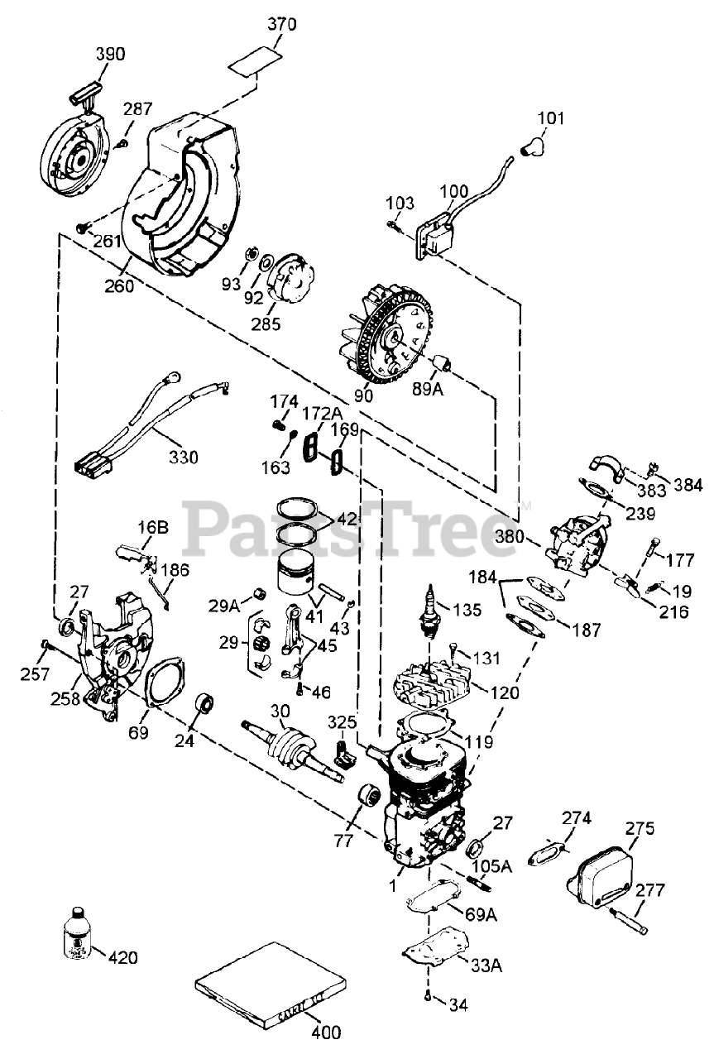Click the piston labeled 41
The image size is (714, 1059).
[x=296, y=576]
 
